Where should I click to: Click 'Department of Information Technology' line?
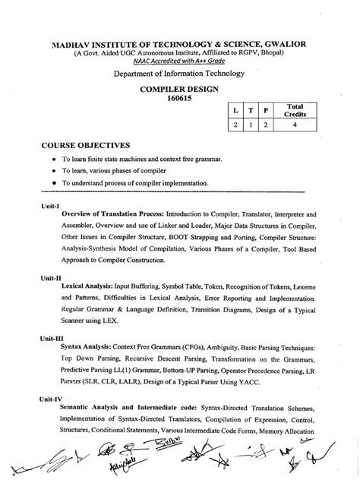click(x=179, y=73)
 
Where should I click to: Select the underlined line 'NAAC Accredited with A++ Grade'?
click(x=179, y=61)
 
